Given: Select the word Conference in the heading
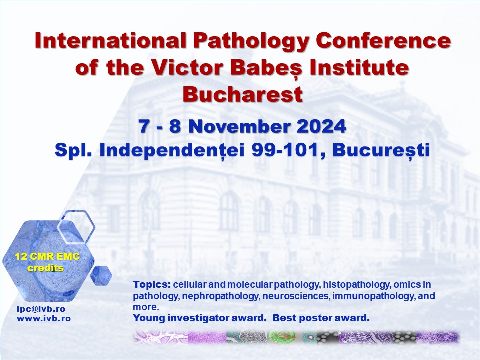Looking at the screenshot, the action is click(x=383, y=40).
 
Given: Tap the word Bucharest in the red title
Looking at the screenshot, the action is click(x=243, y=94).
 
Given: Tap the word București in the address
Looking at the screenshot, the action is click(x=381, y=150).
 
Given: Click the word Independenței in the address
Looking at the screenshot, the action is click(x=172, y=151).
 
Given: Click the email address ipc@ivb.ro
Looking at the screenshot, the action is click(x=41, y=309).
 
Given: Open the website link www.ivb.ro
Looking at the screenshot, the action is click(x=44, y=318).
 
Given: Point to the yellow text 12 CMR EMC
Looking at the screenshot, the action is click(x=47, y=256).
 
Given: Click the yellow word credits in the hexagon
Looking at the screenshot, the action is click(x=46, y=268).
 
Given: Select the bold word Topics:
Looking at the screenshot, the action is click(x=152, y=285).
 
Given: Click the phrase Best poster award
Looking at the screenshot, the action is click(x=321, y=318).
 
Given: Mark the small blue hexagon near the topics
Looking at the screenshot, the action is click(x=101, y=275).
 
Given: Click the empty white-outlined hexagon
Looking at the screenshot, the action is click(x=76, y=227).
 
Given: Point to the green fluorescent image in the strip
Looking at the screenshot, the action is click(x=282, y=337).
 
